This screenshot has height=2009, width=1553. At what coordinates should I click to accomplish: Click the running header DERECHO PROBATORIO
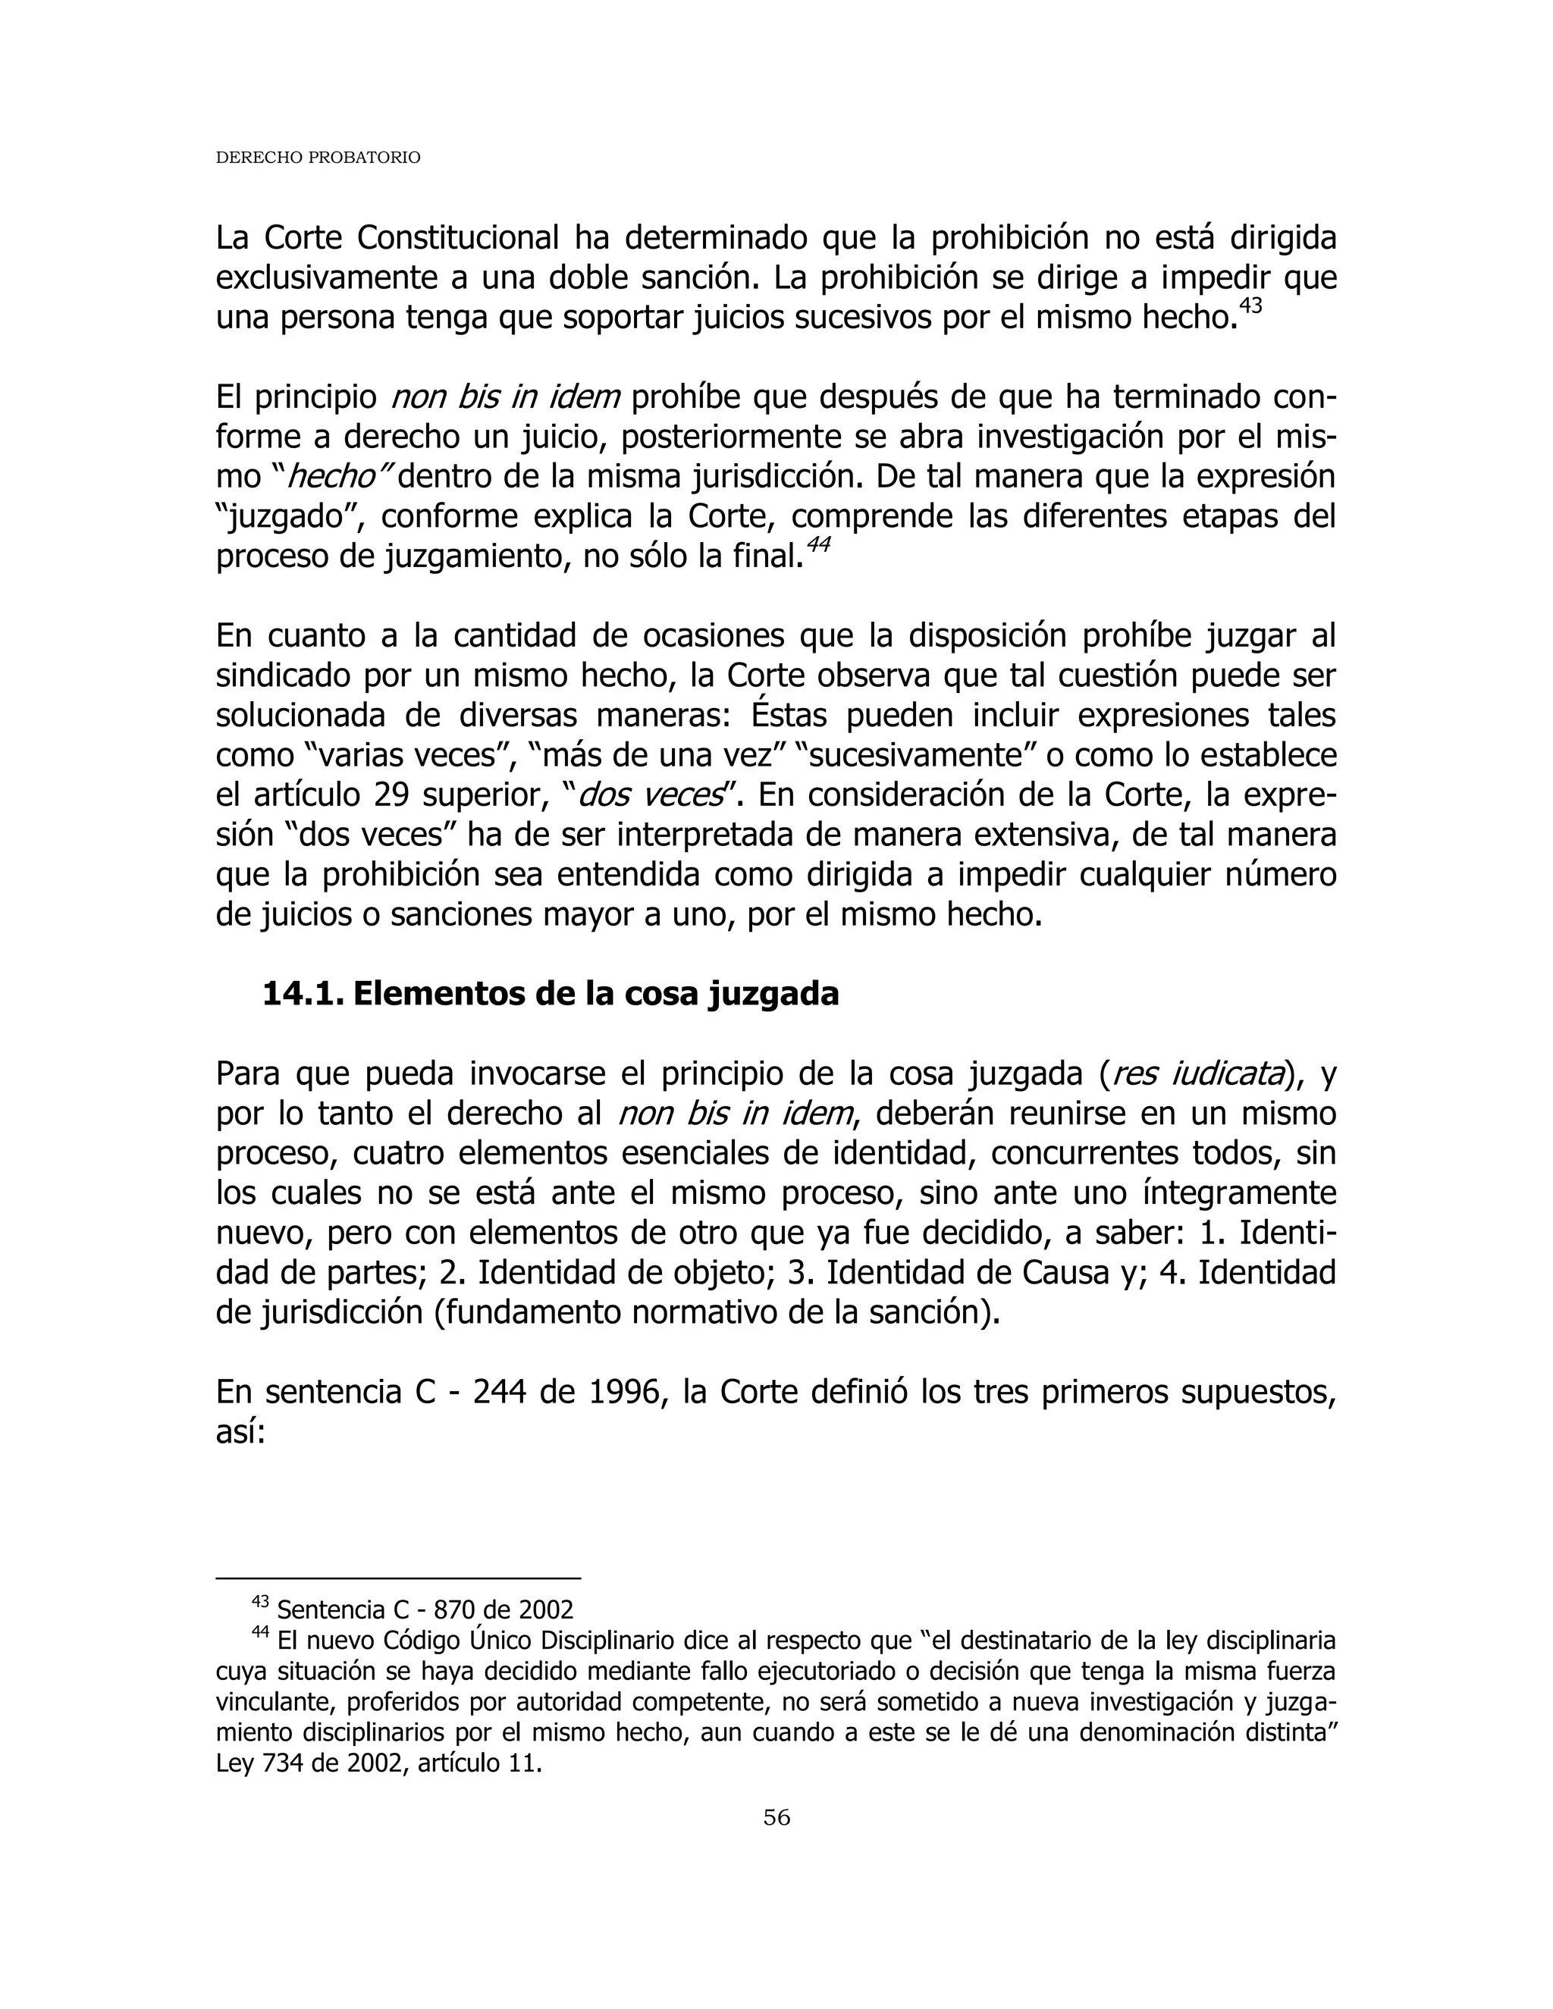(x=318, y=157)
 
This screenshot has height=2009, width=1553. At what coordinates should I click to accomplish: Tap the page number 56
(x=776, y=1816)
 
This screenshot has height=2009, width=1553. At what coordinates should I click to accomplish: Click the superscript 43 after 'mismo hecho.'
(x=1250, y=305)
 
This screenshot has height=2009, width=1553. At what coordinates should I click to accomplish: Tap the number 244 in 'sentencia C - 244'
(x=499, y=1393)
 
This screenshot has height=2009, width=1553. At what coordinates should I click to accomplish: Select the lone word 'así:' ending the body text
(x=240, y=1432)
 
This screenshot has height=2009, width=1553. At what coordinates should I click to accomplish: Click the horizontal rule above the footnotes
(x=397, y=1578)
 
